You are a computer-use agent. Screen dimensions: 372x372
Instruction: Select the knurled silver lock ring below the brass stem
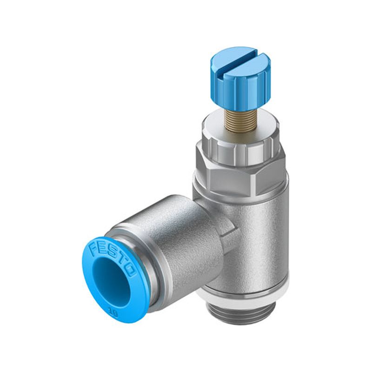tap(241, 152)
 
